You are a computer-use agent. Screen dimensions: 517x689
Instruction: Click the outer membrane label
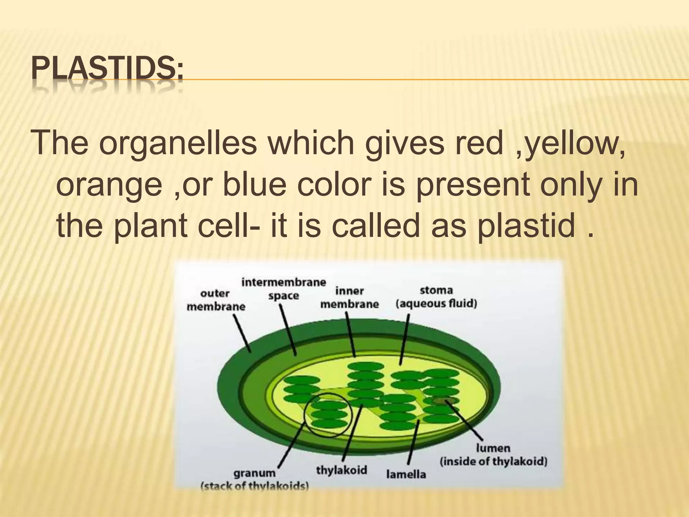[216, 300]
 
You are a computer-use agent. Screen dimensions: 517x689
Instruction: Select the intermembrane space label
[284, 289]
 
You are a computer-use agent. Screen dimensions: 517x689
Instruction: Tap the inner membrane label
[349, 298]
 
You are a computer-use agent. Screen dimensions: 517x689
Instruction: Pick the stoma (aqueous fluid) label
[436, 297]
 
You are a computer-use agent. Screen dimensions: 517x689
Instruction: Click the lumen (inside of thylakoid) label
[493, 455]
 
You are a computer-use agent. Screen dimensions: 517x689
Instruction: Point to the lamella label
[406, 474]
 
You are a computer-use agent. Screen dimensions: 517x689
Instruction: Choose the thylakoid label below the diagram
[341, 470]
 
